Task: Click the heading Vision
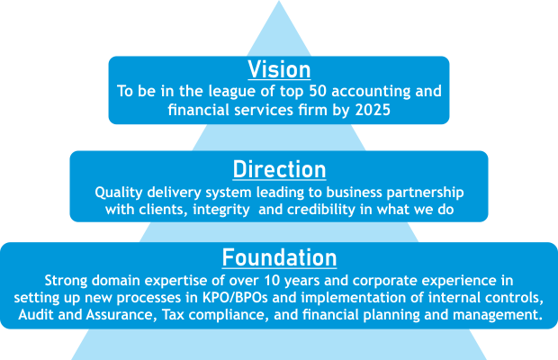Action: click(279, 69)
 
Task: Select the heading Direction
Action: click(279, 169)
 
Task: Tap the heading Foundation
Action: click(279, 257)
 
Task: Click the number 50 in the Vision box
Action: click(318, 91)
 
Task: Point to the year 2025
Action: click(373, 110)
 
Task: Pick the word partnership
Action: click(426, 193)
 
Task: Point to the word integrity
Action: click(221, 210)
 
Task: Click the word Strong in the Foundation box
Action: click(66, 281)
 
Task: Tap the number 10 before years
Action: click(272, 281)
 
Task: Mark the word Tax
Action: click(174, 315)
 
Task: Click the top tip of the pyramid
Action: click(279, 1)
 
